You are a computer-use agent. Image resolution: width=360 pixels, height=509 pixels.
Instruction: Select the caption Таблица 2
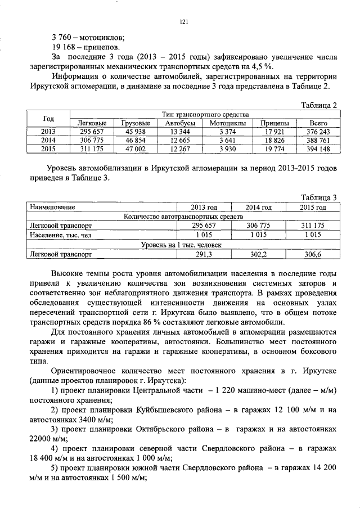pyautogui.click(x=318, y=105)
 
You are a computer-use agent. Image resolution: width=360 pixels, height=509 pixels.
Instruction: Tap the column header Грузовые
pyautogui.click(x=136, y=123)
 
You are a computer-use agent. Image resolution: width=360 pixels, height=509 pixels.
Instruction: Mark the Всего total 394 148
pyautogui.click(x=318, y=149)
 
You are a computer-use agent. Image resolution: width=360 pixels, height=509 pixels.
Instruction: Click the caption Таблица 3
pyautogui.click(x=318, y=197)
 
